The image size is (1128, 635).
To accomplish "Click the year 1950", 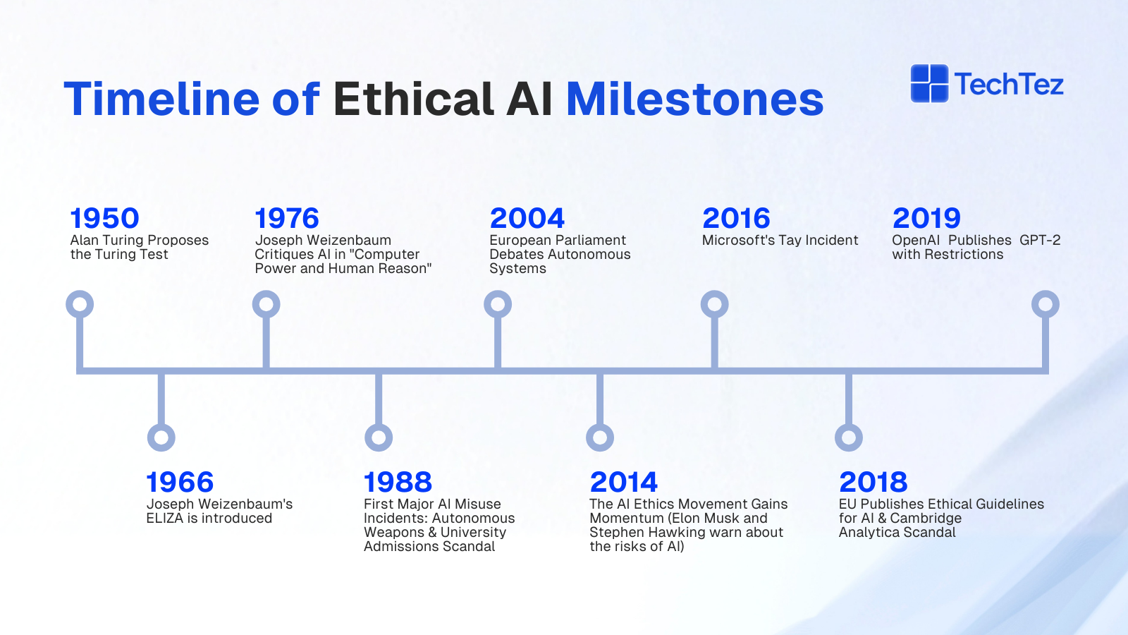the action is pos(104,218).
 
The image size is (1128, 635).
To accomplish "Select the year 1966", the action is pos(180,483).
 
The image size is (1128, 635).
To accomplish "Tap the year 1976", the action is pos(286,218).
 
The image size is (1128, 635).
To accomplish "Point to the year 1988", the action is pos(398,483).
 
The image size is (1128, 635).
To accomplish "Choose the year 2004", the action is pos(527,218).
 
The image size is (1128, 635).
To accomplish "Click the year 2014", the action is pos(623,483).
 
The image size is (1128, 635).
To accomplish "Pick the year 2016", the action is pos(736,218).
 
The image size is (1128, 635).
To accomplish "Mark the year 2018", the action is pos(873,483).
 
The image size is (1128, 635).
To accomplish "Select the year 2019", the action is pos(926,218).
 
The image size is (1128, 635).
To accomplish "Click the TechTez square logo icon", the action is pos(930,84).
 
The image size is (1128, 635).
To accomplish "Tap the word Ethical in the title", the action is pos(413,99).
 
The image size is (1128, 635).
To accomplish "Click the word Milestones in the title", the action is pos(695,99).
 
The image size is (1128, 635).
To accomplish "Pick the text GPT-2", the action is pos(1040,240).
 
